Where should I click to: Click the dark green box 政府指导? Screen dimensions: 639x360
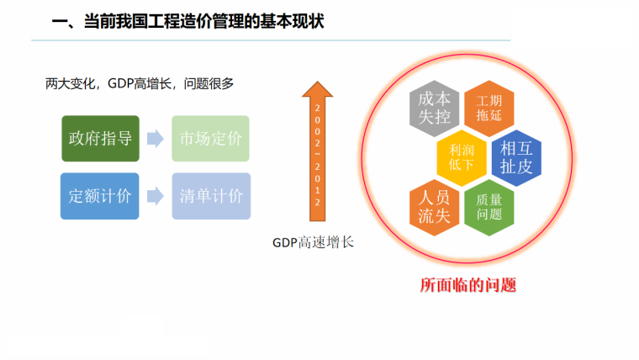point(100,139)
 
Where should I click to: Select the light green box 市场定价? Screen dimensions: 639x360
point(211,139)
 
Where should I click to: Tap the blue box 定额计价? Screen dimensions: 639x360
point(100,196)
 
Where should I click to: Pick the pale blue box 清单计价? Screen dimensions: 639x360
point(211,196)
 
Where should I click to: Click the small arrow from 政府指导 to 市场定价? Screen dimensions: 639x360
point(155,139)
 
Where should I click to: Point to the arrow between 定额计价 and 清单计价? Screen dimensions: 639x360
point(155,196)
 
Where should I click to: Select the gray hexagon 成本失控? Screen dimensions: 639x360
point(434,108)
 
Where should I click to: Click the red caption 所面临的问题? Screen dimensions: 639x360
point(467,284)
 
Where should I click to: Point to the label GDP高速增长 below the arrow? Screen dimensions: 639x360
point(313,242)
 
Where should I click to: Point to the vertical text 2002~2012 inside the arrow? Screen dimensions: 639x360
point(318,156)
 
